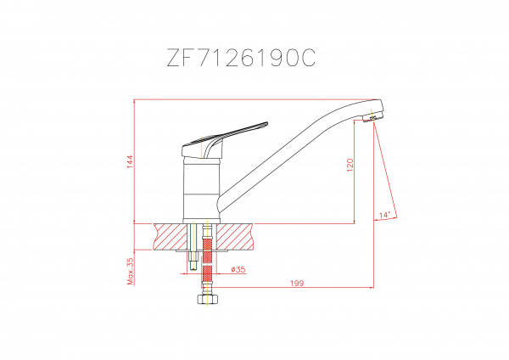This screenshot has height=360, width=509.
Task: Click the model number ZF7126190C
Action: (241, 58)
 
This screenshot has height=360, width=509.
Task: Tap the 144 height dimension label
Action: (130, 161)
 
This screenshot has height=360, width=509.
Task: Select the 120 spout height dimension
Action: (350, 165)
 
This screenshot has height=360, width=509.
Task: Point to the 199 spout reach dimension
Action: (297, 284)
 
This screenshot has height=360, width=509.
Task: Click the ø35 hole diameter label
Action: (238, 269)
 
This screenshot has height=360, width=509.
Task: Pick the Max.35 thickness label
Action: (130, 272)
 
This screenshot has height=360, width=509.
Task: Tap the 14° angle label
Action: (384, 215)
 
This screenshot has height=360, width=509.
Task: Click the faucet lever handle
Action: (224, 140)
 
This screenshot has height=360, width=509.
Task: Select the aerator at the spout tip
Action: (371, 119)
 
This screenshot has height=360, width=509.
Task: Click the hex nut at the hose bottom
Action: (208, 299)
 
